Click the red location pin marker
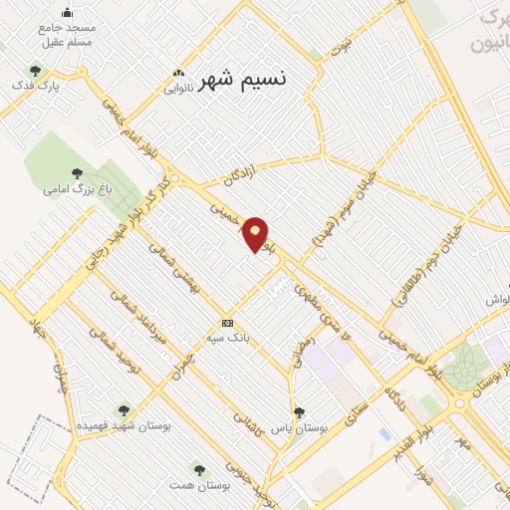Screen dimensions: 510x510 click(x=256, y=234)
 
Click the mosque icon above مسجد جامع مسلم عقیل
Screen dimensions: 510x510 click(x=67, y=12)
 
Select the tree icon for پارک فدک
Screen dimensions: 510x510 click(x=36, y=71)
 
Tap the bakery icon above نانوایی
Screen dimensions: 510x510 click(x=179, y=72)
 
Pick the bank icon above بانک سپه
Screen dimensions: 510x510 click(x=228, y=323)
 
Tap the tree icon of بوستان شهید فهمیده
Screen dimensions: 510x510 click(x=124, y=409)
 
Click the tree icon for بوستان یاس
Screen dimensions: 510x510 click(x=299, y=411)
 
